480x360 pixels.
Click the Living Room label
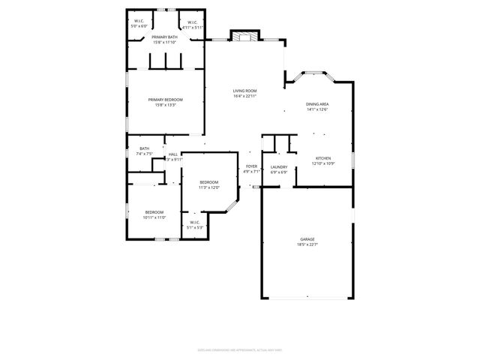coord(244,91)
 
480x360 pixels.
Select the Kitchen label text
coord(322,158)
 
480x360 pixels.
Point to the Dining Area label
coord(316,104)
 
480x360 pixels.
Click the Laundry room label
coord(279,166)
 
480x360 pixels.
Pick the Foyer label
coord(251,166)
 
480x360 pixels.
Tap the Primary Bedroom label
coord(165,100)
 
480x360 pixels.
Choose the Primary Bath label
coord(164,37)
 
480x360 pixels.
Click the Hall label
coord(173,154)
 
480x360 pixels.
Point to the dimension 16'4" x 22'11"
coord(244,96)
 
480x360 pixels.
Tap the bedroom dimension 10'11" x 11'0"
coord(154,217)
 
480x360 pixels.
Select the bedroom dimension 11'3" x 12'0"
coord(208,187)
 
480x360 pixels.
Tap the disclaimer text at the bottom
coord(240,349)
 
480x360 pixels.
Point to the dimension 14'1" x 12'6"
coord(316,109)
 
